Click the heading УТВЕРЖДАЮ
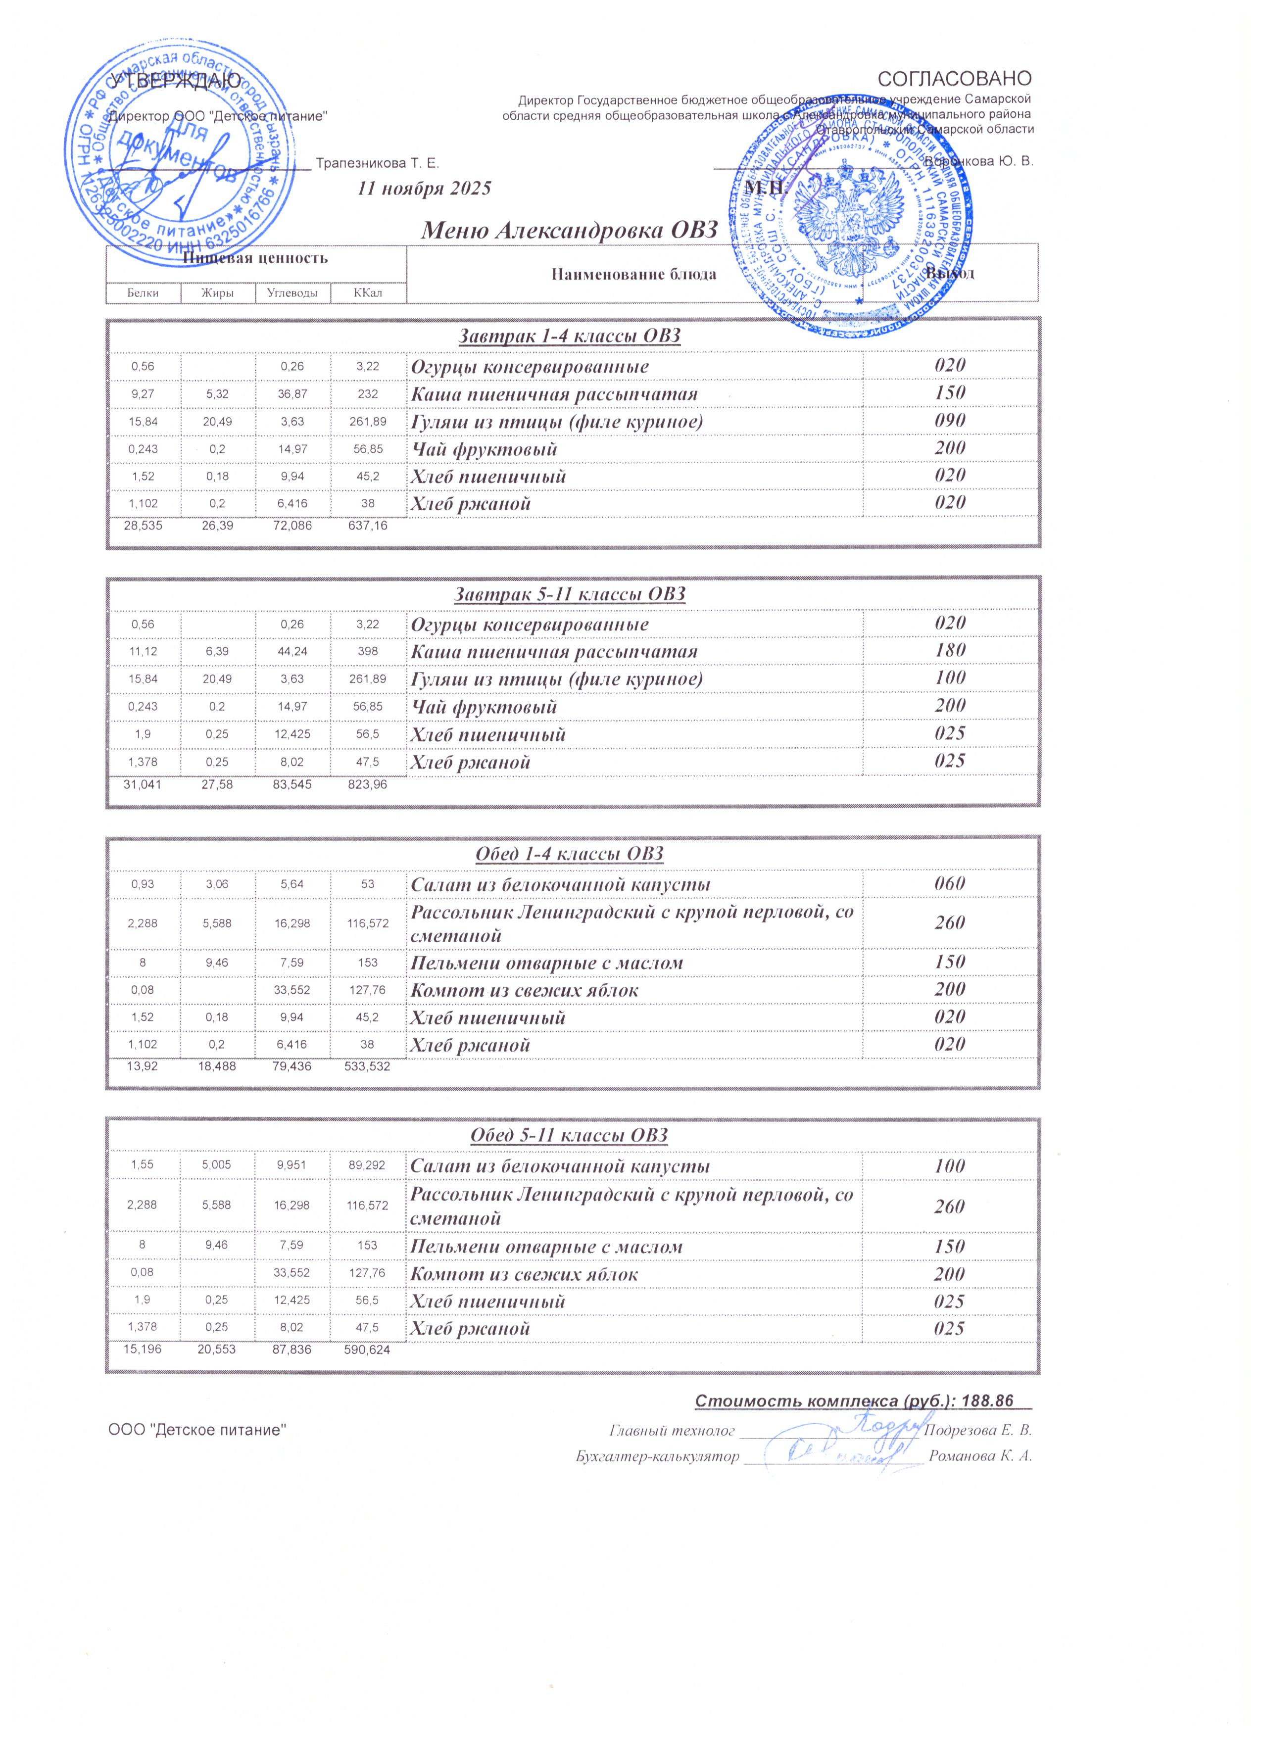175,80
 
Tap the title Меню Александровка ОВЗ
571,229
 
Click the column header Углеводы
292,292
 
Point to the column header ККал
368,292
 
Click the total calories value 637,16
368,527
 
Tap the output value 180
950,651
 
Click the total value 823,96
368,785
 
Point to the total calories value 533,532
368,1066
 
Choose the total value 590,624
368,1350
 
